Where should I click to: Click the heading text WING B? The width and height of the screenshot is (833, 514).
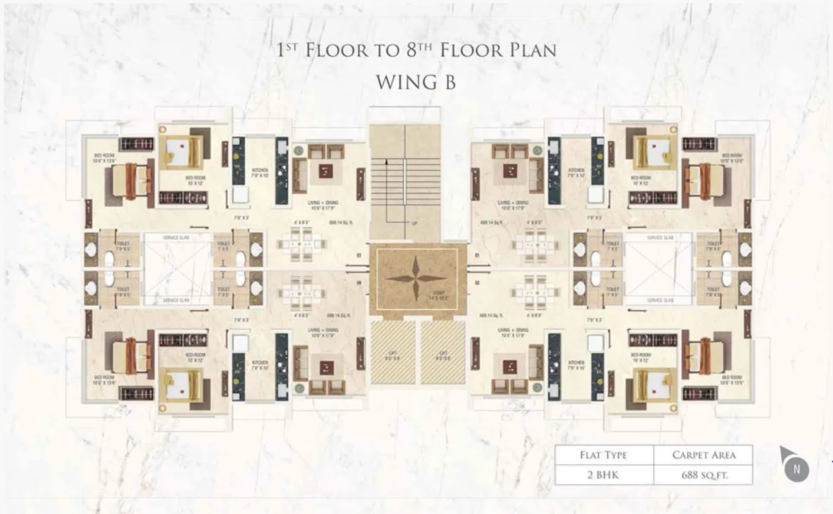[x=416, y=83]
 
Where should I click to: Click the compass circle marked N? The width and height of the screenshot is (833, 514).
[x=797, y=470]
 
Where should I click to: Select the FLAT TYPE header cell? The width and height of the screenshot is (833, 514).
[x=603, y=455]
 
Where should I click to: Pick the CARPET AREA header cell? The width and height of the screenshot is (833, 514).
[x=704, y=455]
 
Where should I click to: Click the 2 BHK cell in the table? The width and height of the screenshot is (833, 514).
[x=603, y=474]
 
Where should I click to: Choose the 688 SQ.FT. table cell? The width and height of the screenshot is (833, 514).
[x=704, y=474]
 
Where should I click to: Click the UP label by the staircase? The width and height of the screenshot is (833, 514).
[x=415, y=223]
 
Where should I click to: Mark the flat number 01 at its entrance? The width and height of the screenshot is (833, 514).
[x=477, y=254]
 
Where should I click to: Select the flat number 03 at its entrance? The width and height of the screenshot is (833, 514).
[x=358, y=254]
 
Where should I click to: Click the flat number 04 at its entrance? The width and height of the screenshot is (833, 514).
[x=358, y=284]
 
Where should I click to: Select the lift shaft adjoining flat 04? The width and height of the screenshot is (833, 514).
[x=393, y=352]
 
